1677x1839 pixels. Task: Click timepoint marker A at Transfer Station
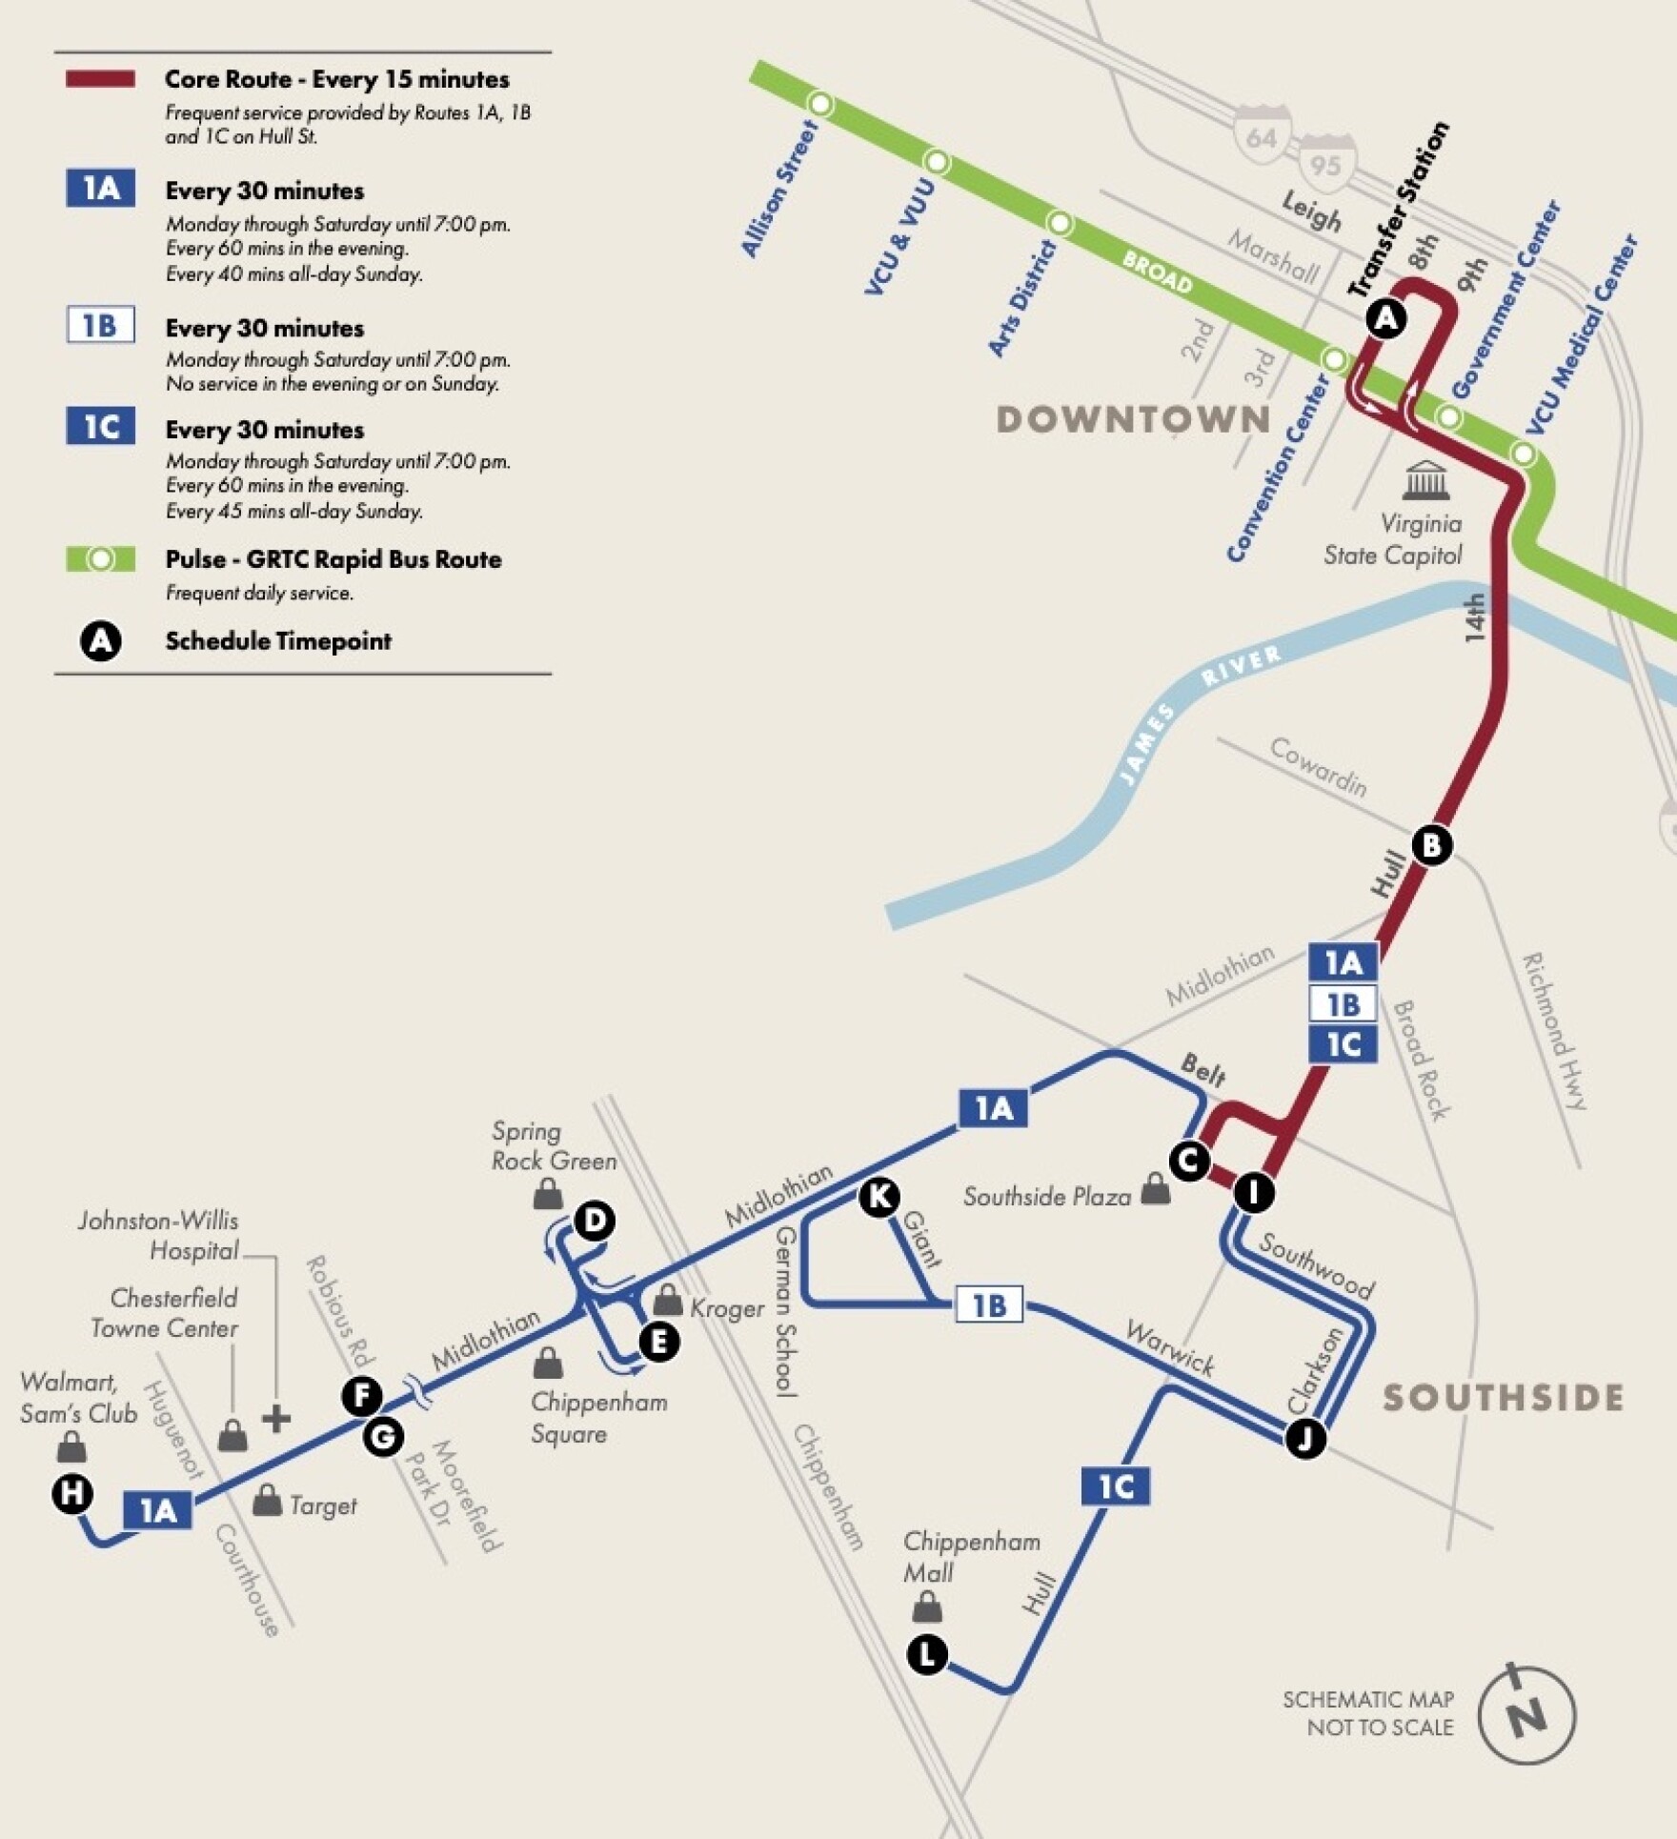coord(1386,317)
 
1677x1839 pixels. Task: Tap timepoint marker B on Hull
coord(1431,844)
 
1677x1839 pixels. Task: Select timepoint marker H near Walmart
coord(72,1492)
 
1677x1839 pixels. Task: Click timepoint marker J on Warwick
coord(1305,1438)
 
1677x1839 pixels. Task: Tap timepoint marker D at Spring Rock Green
coord(595,1220)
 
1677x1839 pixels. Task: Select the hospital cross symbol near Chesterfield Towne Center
coord(276,1419)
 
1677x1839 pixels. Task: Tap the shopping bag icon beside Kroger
coord(667,1299)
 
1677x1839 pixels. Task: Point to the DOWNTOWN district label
coord(1133,419)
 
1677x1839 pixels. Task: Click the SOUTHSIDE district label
coord(1503,1398)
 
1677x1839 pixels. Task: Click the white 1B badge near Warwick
coord(989,1304)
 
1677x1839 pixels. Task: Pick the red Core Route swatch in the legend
coord(100,79)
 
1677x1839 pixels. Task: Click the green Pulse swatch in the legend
coord(100,559)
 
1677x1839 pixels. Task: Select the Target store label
coord(323,1506)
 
